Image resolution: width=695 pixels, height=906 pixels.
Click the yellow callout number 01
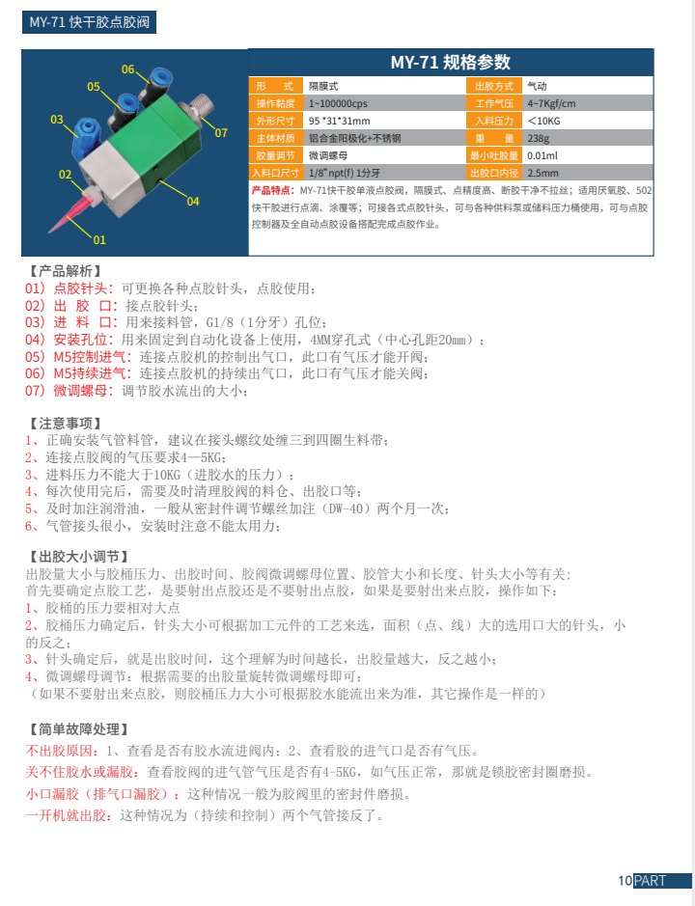pos(99,239)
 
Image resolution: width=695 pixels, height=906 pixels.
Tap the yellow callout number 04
pos(193,201)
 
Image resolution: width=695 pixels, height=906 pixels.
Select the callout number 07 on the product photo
pos(221,132)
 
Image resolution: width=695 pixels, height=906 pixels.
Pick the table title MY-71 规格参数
pos(451,63)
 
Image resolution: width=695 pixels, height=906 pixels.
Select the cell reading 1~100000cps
pos(338,103)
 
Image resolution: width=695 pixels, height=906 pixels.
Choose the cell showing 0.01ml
pos(542,155)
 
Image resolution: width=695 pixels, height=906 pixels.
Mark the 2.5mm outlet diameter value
pos(542,173)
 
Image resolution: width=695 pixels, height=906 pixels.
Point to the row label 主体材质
pos(275,138)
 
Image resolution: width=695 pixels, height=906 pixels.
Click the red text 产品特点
pos(274,190)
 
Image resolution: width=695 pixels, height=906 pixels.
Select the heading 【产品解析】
pos(65,271)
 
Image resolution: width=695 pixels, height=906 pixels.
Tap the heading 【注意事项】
pos(65,424)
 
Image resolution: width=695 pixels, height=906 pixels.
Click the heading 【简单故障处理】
pos(78,728)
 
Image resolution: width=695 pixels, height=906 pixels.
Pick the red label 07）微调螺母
pos(69,391)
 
